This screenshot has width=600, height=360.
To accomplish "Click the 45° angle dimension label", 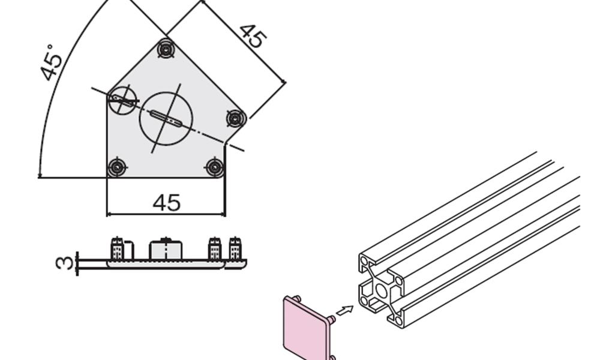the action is point(52,63).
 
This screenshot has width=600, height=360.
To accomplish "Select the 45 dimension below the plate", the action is point(166,203).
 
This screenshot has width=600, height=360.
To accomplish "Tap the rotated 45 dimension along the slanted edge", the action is point(252,37).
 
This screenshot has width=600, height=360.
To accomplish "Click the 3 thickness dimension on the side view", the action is point(64,263).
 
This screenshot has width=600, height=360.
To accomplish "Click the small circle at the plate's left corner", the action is point(122,100).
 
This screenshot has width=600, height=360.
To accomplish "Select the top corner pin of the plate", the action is point(166,49).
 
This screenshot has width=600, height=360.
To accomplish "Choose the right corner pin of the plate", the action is point(236,118).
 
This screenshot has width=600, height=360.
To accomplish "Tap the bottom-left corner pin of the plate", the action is point(117,167).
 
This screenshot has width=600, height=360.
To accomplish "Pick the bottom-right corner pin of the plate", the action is point(215,167).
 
